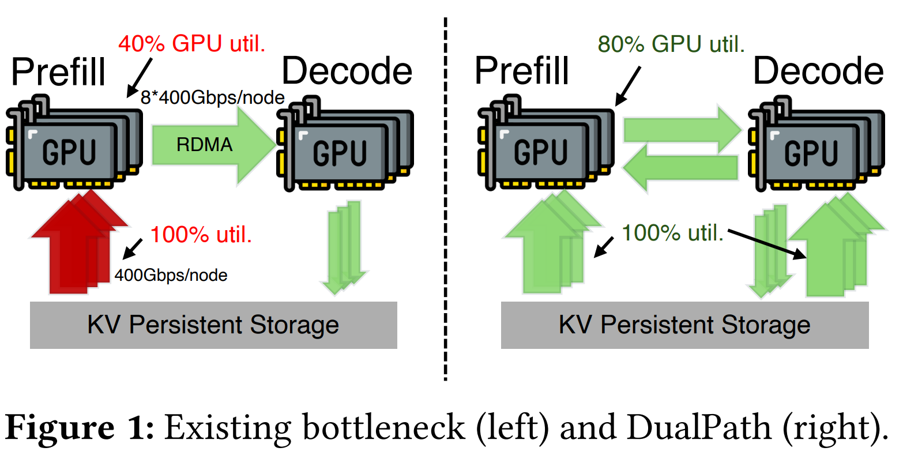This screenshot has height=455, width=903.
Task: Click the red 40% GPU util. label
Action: pos(192,44)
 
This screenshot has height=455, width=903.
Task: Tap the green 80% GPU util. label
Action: pos(671,44)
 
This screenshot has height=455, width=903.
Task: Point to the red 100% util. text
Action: pos(201,235)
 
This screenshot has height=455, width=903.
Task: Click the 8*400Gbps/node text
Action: pos(213,97)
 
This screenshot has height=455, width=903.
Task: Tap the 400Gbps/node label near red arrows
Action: pos(171,275)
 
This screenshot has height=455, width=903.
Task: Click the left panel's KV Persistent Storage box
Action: pos(213,325)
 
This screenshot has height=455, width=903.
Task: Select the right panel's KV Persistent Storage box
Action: pos(684,325)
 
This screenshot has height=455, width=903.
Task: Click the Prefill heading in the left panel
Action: pos(58,72)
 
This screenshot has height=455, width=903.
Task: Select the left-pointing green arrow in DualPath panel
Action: pos(680,168)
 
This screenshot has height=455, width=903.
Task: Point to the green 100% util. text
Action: pos(672,233)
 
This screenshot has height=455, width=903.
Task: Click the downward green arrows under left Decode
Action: pos(344,248)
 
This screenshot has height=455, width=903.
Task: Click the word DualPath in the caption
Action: pos(699,427)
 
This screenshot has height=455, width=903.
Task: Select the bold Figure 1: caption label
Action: pos(80,427)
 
